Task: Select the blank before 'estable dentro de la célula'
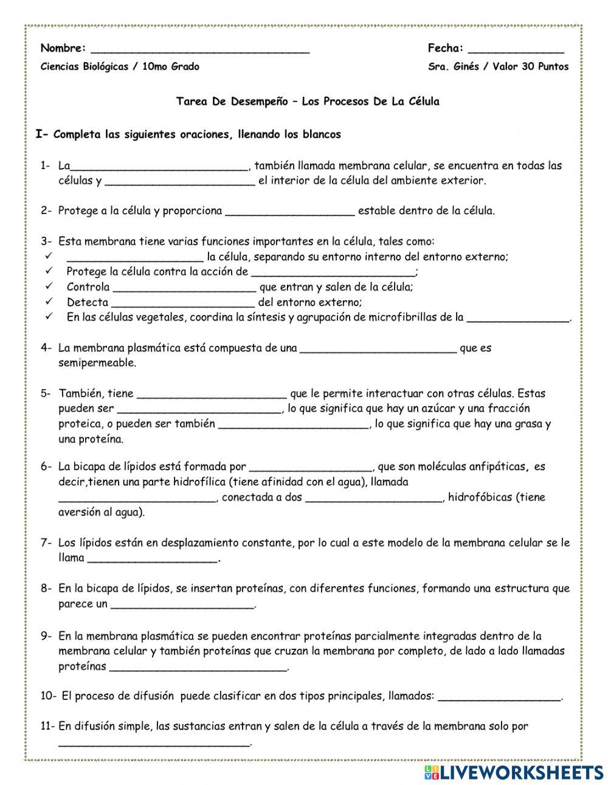coord(290,212)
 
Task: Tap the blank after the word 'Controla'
coord(185,288)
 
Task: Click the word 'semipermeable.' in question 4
coord(97,363)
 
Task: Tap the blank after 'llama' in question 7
coord(153,559)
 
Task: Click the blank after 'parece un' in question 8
coord(183,605)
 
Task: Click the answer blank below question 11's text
coord(154,742)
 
